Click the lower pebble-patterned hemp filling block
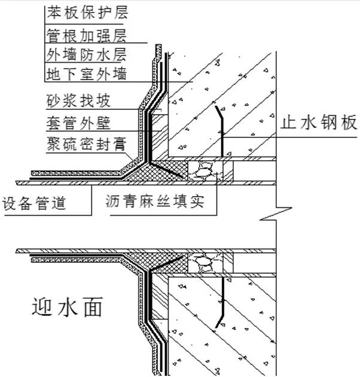[x=205, y=261]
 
